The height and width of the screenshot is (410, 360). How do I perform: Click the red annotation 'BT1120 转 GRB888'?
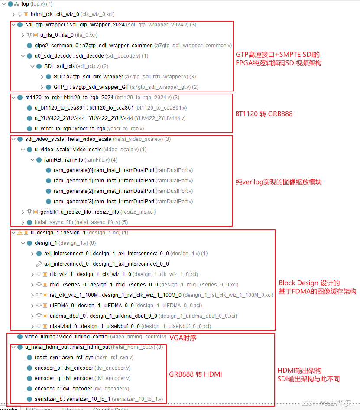click(264, 114)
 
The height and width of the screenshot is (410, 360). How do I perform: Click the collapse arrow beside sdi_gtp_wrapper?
click(13, 25)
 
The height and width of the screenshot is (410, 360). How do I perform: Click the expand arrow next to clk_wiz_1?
click(32, 274)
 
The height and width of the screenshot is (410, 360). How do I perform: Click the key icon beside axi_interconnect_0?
click(38, 264)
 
